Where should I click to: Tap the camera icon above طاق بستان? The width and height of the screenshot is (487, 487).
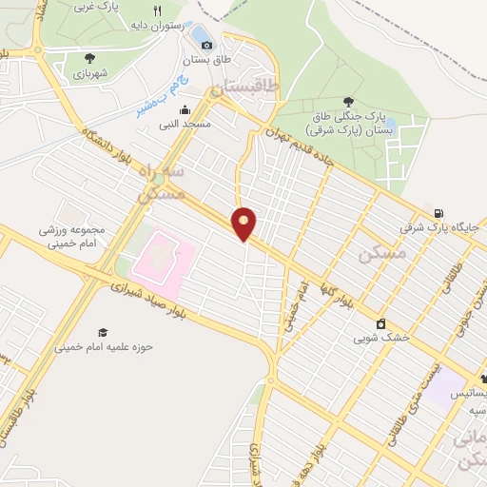click(x=206, y=45)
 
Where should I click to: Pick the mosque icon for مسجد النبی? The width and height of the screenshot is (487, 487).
click(x=184, y=110)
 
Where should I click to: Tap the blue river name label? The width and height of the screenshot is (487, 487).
click(x=152, y=104)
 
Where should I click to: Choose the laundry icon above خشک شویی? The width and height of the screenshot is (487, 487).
click(x=380, y=323)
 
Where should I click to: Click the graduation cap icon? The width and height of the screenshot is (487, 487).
click(x=102, y=332)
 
